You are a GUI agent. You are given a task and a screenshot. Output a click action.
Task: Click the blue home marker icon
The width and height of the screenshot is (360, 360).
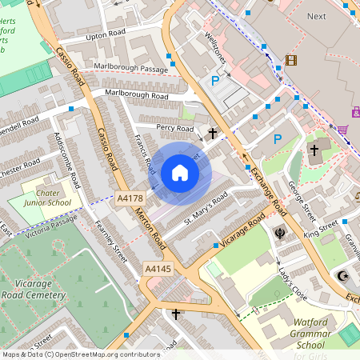[x=179, y=173]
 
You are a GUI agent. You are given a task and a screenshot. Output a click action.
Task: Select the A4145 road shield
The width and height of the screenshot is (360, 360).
[x=158, y=270]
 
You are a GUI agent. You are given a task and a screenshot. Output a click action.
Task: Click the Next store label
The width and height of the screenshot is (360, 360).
[x=317, y=16]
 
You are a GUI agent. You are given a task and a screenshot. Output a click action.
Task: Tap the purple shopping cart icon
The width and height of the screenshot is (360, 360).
[x=342, y=130]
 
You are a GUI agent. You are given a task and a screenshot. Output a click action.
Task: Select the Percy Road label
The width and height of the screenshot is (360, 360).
[x=174, y=128]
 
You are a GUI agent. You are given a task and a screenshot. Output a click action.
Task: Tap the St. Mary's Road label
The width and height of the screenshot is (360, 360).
[x=207, y=211]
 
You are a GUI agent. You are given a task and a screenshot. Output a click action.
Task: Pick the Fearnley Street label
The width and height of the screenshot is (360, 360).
[x=111, y=242]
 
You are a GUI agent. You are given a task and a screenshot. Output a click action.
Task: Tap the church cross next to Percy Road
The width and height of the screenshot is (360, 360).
[x=214, y=134]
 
